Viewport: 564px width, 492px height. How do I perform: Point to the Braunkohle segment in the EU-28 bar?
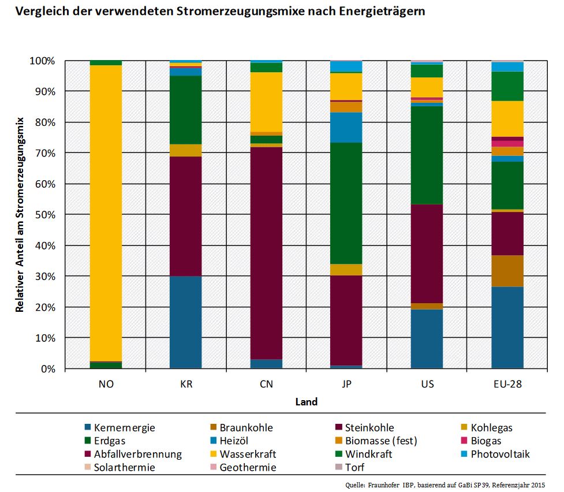[507, 271]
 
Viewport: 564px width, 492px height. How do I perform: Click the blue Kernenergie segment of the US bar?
[427, 338]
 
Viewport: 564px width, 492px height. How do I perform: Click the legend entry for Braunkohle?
[246, 428]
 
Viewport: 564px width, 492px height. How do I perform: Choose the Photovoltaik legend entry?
[500, 454]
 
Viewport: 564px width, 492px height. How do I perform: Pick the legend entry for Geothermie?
[248, 467]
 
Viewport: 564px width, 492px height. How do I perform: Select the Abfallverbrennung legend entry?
[137, 454]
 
